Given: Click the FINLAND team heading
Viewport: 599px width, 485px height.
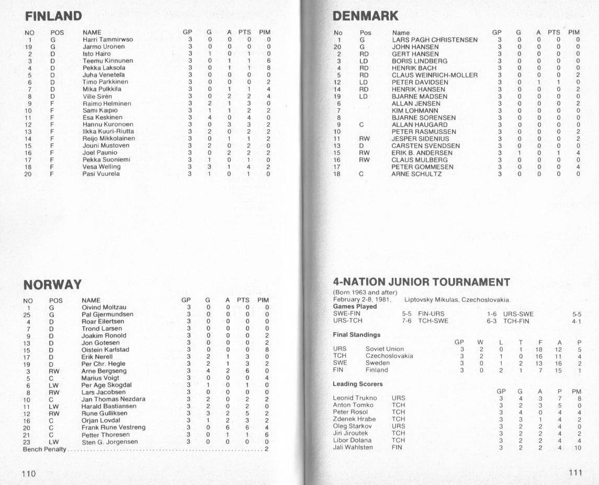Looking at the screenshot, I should [x=53, y=16].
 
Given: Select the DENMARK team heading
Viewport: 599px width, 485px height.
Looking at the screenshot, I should [x=366, y=16].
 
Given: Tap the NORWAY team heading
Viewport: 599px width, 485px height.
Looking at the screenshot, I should [x=52, y=285].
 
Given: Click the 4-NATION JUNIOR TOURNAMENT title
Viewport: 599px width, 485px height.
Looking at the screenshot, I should [x=421, y=283].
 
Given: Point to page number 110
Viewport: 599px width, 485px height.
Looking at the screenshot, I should [x=28, y=473].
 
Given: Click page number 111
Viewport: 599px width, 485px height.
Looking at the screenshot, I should [x=575, y=472].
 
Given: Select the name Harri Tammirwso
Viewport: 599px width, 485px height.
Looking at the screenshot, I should [x=108, y=39].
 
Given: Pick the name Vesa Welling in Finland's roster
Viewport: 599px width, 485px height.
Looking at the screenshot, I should [x=101, y=167].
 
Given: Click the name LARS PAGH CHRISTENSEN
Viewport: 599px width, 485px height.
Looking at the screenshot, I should [x=434, y=40].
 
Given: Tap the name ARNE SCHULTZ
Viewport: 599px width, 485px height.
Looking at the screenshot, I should [x=416, y=174].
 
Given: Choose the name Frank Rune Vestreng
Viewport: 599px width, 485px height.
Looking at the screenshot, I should [x=113, y=427].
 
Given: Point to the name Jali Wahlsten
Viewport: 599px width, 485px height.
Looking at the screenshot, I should [x=353, y=447].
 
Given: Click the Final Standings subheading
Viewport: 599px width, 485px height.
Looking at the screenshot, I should [x=357, y=334].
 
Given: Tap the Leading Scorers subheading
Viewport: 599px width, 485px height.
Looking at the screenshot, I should [x=358, y=384].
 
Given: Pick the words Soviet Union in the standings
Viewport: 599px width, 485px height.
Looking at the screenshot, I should [x=385, y=349].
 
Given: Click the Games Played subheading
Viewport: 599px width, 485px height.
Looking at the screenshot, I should [x=355, y=307].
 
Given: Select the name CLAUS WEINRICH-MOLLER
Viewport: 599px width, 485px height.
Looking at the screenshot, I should [x=434, y=75].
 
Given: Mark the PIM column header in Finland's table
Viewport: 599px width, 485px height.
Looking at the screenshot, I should [x=265, y=32].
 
